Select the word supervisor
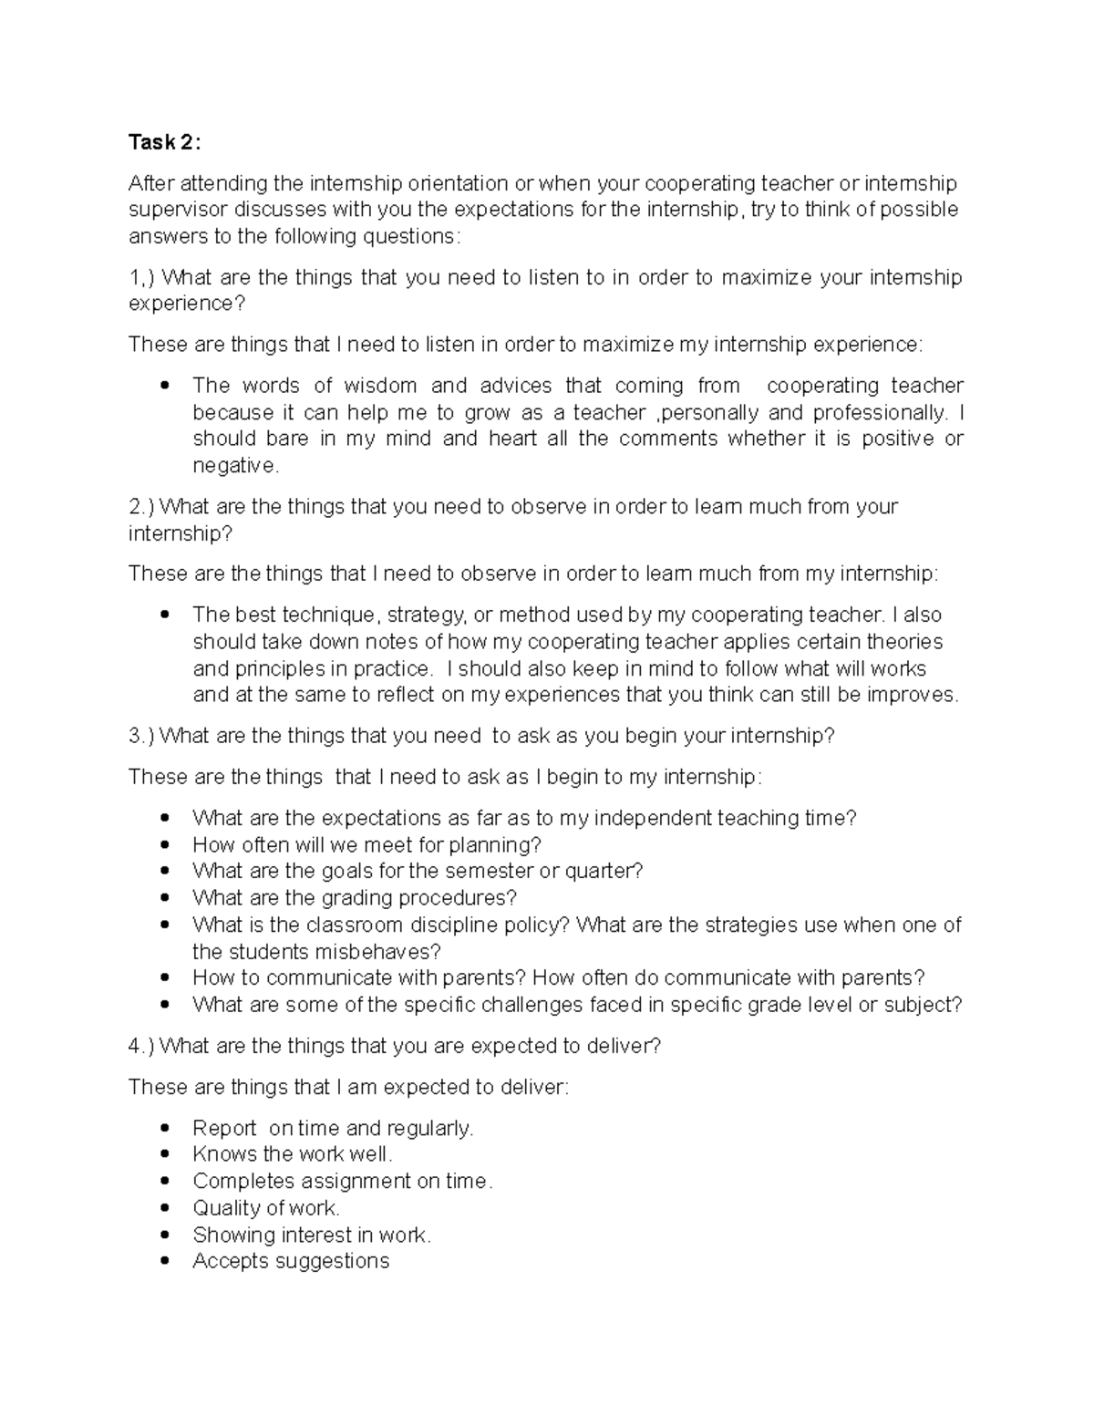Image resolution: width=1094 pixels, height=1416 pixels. [178, 210]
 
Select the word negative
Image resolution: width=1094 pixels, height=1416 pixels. [233, 466]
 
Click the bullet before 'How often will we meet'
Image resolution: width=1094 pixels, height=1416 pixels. [165, 845]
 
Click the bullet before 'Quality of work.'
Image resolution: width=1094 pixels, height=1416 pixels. [165, 1209]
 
